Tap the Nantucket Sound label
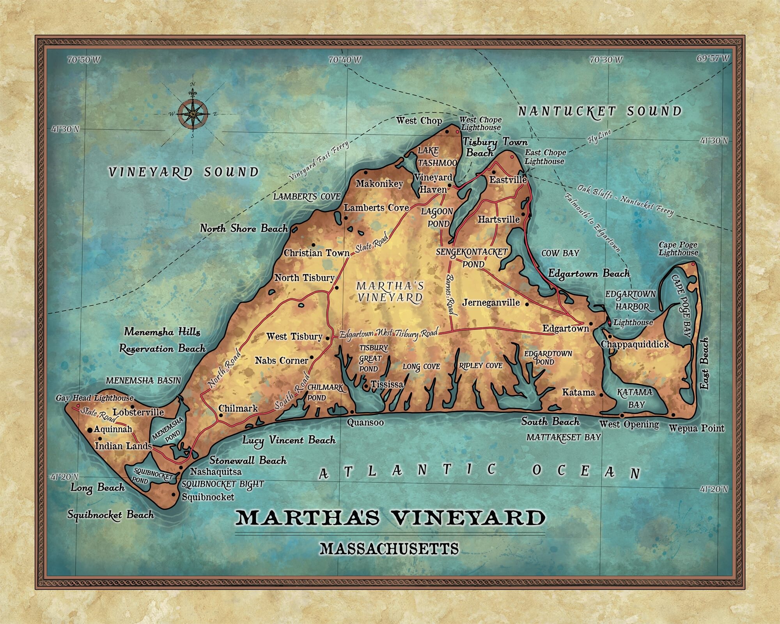(x=599, y=112)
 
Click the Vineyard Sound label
(x=183, y=172)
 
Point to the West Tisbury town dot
(x=327, y=338)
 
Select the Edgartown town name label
(x=565, y=329)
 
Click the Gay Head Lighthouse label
(x=94, y=398)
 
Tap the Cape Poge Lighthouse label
(x=678, y=249)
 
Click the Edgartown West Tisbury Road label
(x=388, y=334)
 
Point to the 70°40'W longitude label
(x=345, y=60)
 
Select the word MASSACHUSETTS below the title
(x=389, y=549)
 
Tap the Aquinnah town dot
(x=90, y=430)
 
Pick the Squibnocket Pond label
(x=150, y=476)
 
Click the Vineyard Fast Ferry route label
(x=319, y=161)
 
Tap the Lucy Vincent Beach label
(x=289, y=440)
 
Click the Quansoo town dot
(x=352, y=411)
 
